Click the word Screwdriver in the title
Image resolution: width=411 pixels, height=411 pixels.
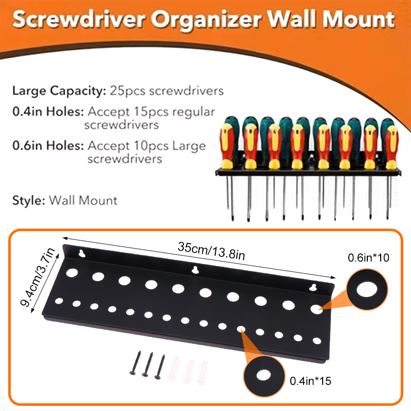(x=79, y=19)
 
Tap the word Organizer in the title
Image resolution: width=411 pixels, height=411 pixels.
(x=207, y=20)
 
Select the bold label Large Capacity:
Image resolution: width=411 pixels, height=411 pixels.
(x=59, y=91)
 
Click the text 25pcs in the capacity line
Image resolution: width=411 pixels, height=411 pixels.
(x=127, y=91)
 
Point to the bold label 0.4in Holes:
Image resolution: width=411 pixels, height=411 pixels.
(x=48, y=111)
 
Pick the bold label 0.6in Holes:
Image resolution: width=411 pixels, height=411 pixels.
(x=48, y=145)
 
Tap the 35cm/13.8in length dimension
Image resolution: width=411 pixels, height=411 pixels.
(x=211, y=251)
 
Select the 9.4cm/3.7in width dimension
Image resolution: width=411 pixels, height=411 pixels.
(x=38, y=277)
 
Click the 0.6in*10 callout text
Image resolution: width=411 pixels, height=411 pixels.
(x=368, y=258)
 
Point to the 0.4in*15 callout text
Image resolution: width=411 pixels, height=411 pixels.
(x=310, y=381)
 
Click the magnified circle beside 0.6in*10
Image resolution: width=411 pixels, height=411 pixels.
(x=367, y=289)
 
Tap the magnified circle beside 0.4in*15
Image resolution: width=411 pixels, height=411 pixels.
(x=264, y=376)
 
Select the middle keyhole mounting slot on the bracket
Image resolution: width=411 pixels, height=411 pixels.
(x=195, y=270)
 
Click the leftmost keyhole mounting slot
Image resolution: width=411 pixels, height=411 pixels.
(x=82, y=253)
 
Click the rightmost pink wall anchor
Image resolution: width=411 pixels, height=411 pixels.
(x=202, y=373)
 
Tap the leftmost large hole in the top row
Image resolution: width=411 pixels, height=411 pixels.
(x=72, y=273)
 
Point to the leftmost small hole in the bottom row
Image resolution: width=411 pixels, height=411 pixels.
(x=59, y=301)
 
